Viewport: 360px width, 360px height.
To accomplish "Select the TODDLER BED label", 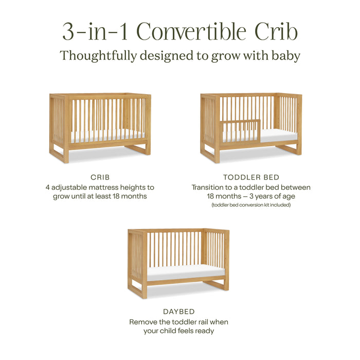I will coord(251,177).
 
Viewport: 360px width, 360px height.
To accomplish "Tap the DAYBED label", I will coord(178,312).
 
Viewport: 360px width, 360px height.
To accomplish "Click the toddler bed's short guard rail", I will coord(241,130).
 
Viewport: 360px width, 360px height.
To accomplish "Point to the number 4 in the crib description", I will coord(47,188).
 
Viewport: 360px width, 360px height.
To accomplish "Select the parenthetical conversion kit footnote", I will coord(251,205).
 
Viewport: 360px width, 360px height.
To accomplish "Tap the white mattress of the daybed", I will coord(185,272).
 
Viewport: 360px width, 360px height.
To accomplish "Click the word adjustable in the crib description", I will coord(71,188).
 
